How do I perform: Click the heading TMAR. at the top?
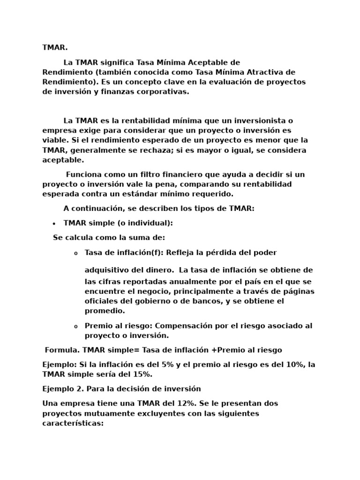point(55,48)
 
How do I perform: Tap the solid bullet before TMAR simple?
point(54,224)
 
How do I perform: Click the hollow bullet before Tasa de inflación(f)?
point(75,254)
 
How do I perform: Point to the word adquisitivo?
point(107,270)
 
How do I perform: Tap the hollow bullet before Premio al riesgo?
point(75,327)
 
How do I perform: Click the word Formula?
point(62,350)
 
